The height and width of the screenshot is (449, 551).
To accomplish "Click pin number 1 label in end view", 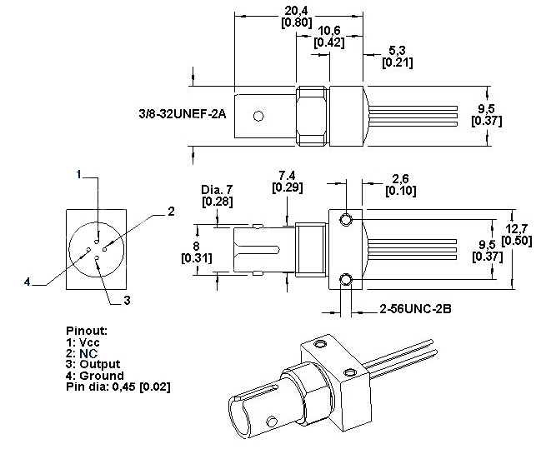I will (x=78, y=174).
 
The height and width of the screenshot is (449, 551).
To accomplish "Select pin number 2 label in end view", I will (x=170, y=212).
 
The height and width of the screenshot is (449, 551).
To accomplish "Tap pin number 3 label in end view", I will (x=127, y=298).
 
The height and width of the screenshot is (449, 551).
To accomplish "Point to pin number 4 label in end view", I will (x=28, y=282).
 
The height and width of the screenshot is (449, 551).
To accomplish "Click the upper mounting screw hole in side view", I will (x=346, y=219).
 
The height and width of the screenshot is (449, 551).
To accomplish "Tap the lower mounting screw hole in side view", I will (x=346, y=278).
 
